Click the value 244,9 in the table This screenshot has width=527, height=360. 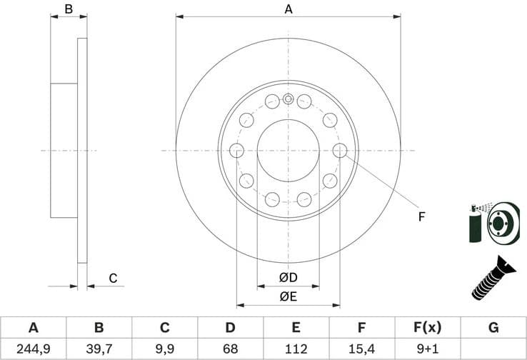tap(33, 349)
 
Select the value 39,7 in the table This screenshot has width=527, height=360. tap(99, 349)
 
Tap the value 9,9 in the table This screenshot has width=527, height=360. tap(164, 349)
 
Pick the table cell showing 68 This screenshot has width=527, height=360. tap(230, 349)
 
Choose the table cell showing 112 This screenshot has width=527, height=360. tap(296, 349)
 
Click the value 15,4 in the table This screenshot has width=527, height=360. tap(362, 349)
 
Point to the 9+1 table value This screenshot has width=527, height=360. tap(428, 349)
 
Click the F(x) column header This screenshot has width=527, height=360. tap(428, 328)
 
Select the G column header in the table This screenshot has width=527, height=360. tap(493, 328)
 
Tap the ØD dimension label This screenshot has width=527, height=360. tap(288, 277)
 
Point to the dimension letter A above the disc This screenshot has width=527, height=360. tap(288, 9)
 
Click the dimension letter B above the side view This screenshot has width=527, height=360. tap(69, 9)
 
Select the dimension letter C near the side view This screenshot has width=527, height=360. tap(112, 279)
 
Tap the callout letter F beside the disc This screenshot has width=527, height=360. tap(421, 216)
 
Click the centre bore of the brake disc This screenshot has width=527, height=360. tap(288, 150)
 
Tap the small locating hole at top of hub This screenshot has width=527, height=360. tap(288, 99)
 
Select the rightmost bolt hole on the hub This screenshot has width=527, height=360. tap(340, 150)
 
